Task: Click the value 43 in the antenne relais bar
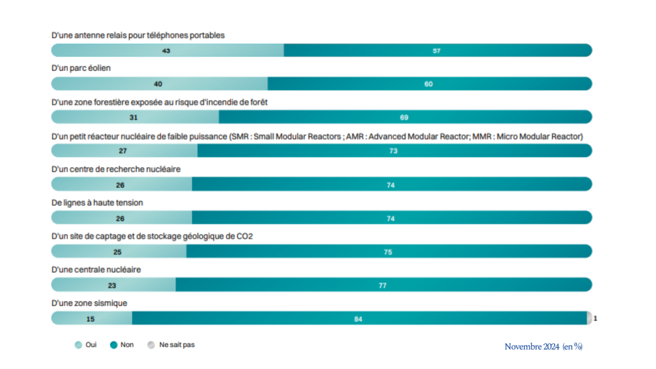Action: [166, 51]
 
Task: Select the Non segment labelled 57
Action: [437, 51]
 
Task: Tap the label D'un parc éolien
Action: [81, 68]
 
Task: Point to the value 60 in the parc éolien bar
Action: [428, 84]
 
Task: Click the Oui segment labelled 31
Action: [134, 117]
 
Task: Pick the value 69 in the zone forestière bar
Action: [404, 117]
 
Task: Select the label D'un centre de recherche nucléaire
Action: [116, 169]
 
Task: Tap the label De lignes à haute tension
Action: [97, 202]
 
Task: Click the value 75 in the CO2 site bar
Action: [388, 252]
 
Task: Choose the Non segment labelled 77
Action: [383, 285]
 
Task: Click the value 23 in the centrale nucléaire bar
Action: [112, 285]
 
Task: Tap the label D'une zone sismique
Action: [90, 303]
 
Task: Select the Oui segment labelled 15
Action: [91, 318]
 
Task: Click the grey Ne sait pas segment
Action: [589, 318]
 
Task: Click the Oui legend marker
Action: [78, 345]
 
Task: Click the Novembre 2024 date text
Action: [532, 346]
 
